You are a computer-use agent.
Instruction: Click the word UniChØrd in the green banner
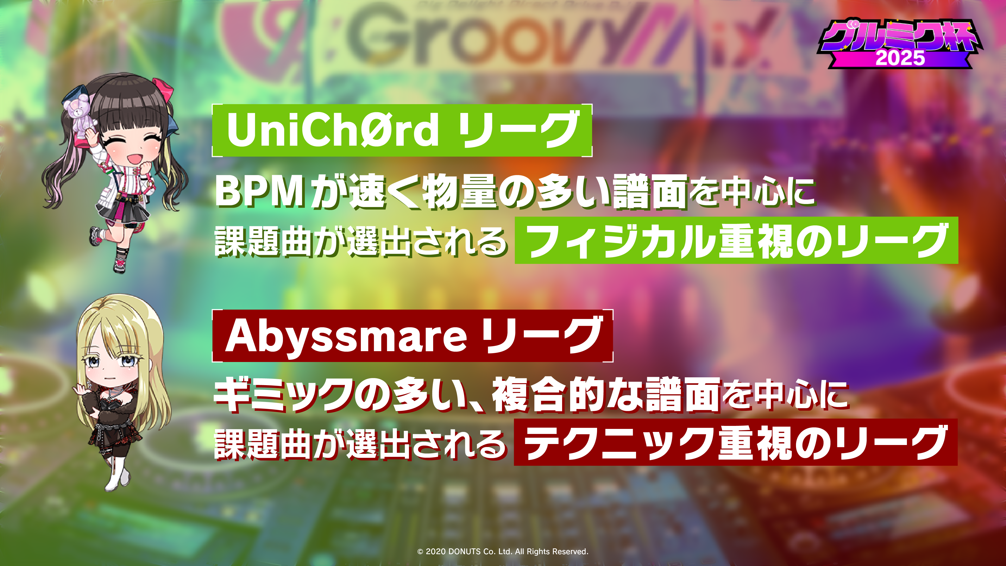[333, 130]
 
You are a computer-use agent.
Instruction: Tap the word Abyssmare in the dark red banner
[346, 336]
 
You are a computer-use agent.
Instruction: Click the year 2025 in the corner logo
[900, 58]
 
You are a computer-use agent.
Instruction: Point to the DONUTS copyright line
[502, 552]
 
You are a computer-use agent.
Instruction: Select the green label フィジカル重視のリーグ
[736, 240]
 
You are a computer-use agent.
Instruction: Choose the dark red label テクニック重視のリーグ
[736, 442]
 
